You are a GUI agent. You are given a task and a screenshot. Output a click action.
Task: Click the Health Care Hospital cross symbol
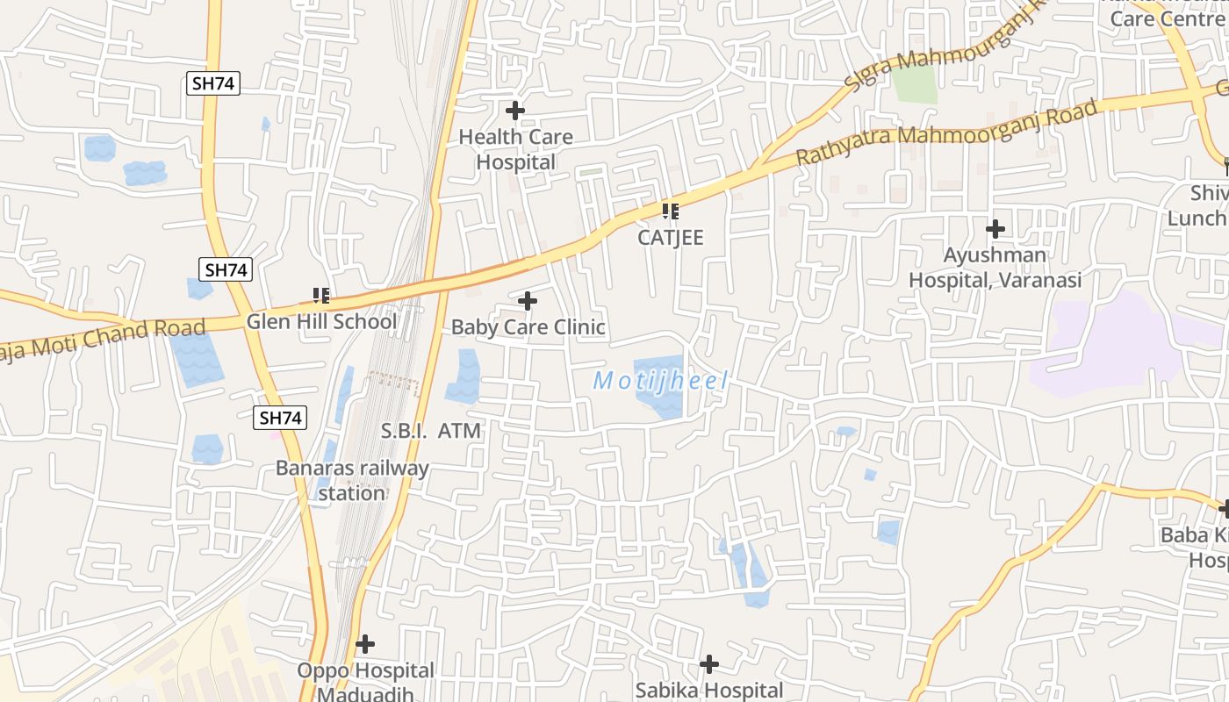(x=515, y=111)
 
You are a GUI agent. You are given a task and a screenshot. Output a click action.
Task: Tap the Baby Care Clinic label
(x=528, y=327)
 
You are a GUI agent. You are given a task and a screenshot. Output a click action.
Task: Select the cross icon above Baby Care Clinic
(x=528, y=302)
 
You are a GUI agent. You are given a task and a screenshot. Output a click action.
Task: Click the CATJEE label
(x=671, y=238)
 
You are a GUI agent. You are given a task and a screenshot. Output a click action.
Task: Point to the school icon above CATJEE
(x=671, y=211)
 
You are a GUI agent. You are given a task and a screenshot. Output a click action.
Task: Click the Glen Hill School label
(x=321, y=321)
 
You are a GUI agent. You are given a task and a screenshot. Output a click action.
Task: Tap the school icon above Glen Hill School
(x=321, y=296)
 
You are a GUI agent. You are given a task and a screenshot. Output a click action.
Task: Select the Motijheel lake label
(x=661, y=381)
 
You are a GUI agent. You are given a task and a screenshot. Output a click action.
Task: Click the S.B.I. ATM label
(x=431, y=431)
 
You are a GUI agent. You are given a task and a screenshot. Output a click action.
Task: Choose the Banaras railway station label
(x=352, y=480)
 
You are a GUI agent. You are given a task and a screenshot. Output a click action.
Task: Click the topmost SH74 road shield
(x=213, y=83)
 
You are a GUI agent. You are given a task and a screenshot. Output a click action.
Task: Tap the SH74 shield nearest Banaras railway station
(x=282, y=418)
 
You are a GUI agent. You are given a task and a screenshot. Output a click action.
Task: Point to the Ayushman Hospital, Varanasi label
(x=995, y=268)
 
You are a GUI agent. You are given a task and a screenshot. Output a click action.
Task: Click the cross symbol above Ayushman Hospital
(x=995, y=230)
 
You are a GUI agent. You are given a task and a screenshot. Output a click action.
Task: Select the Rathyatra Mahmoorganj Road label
(x=946, y=133)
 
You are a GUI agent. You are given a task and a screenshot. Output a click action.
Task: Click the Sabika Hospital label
(x=708, y=691)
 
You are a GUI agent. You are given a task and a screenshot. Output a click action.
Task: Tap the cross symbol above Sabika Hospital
(x=708, y=664)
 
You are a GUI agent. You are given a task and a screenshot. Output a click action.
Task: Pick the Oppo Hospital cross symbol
(x=365, y=645)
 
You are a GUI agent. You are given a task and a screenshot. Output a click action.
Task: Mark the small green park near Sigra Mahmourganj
(x=915, y=83)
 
